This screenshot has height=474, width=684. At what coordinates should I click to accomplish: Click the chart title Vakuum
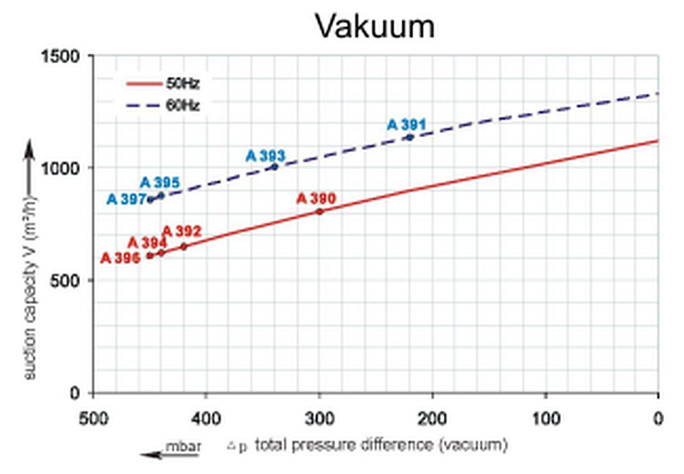375,27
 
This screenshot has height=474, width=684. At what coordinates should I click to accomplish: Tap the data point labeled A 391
410,137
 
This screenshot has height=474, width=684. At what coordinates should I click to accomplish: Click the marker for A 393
275,166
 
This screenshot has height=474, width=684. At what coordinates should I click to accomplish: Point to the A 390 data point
319,211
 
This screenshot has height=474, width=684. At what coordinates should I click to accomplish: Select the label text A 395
160,183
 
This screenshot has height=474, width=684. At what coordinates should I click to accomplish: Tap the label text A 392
182,231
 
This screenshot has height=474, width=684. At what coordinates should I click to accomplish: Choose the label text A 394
147,242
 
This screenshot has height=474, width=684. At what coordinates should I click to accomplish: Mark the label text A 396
120,258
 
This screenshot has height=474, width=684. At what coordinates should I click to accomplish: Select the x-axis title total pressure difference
380,445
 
